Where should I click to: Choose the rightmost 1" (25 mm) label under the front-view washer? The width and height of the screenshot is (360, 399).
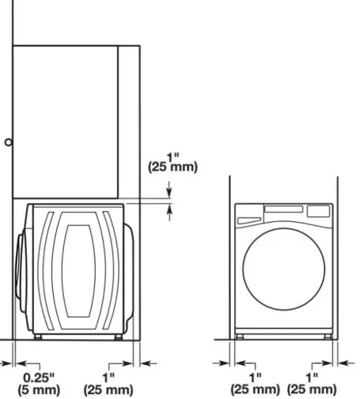311,382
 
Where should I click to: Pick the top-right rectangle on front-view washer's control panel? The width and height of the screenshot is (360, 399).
317,211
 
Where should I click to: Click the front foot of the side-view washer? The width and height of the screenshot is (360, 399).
38,337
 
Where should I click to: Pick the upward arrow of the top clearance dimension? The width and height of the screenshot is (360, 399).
170,211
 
